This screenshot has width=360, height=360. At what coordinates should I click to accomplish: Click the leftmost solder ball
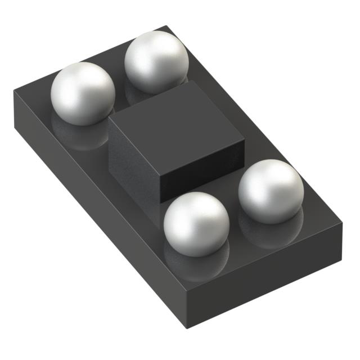83,93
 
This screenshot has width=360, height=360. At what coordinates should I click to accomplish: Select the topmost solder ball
156,61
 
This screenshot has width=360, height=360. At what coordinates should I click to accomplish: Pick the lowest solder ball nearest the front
196,224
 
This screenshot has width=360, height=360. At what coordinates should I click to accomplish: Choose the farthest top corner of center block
190,81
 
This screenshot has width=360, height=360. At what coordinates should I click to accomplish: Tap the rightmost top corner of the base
342,223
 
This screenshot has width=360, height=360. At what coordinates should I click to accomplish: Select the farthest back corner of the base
166,26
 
